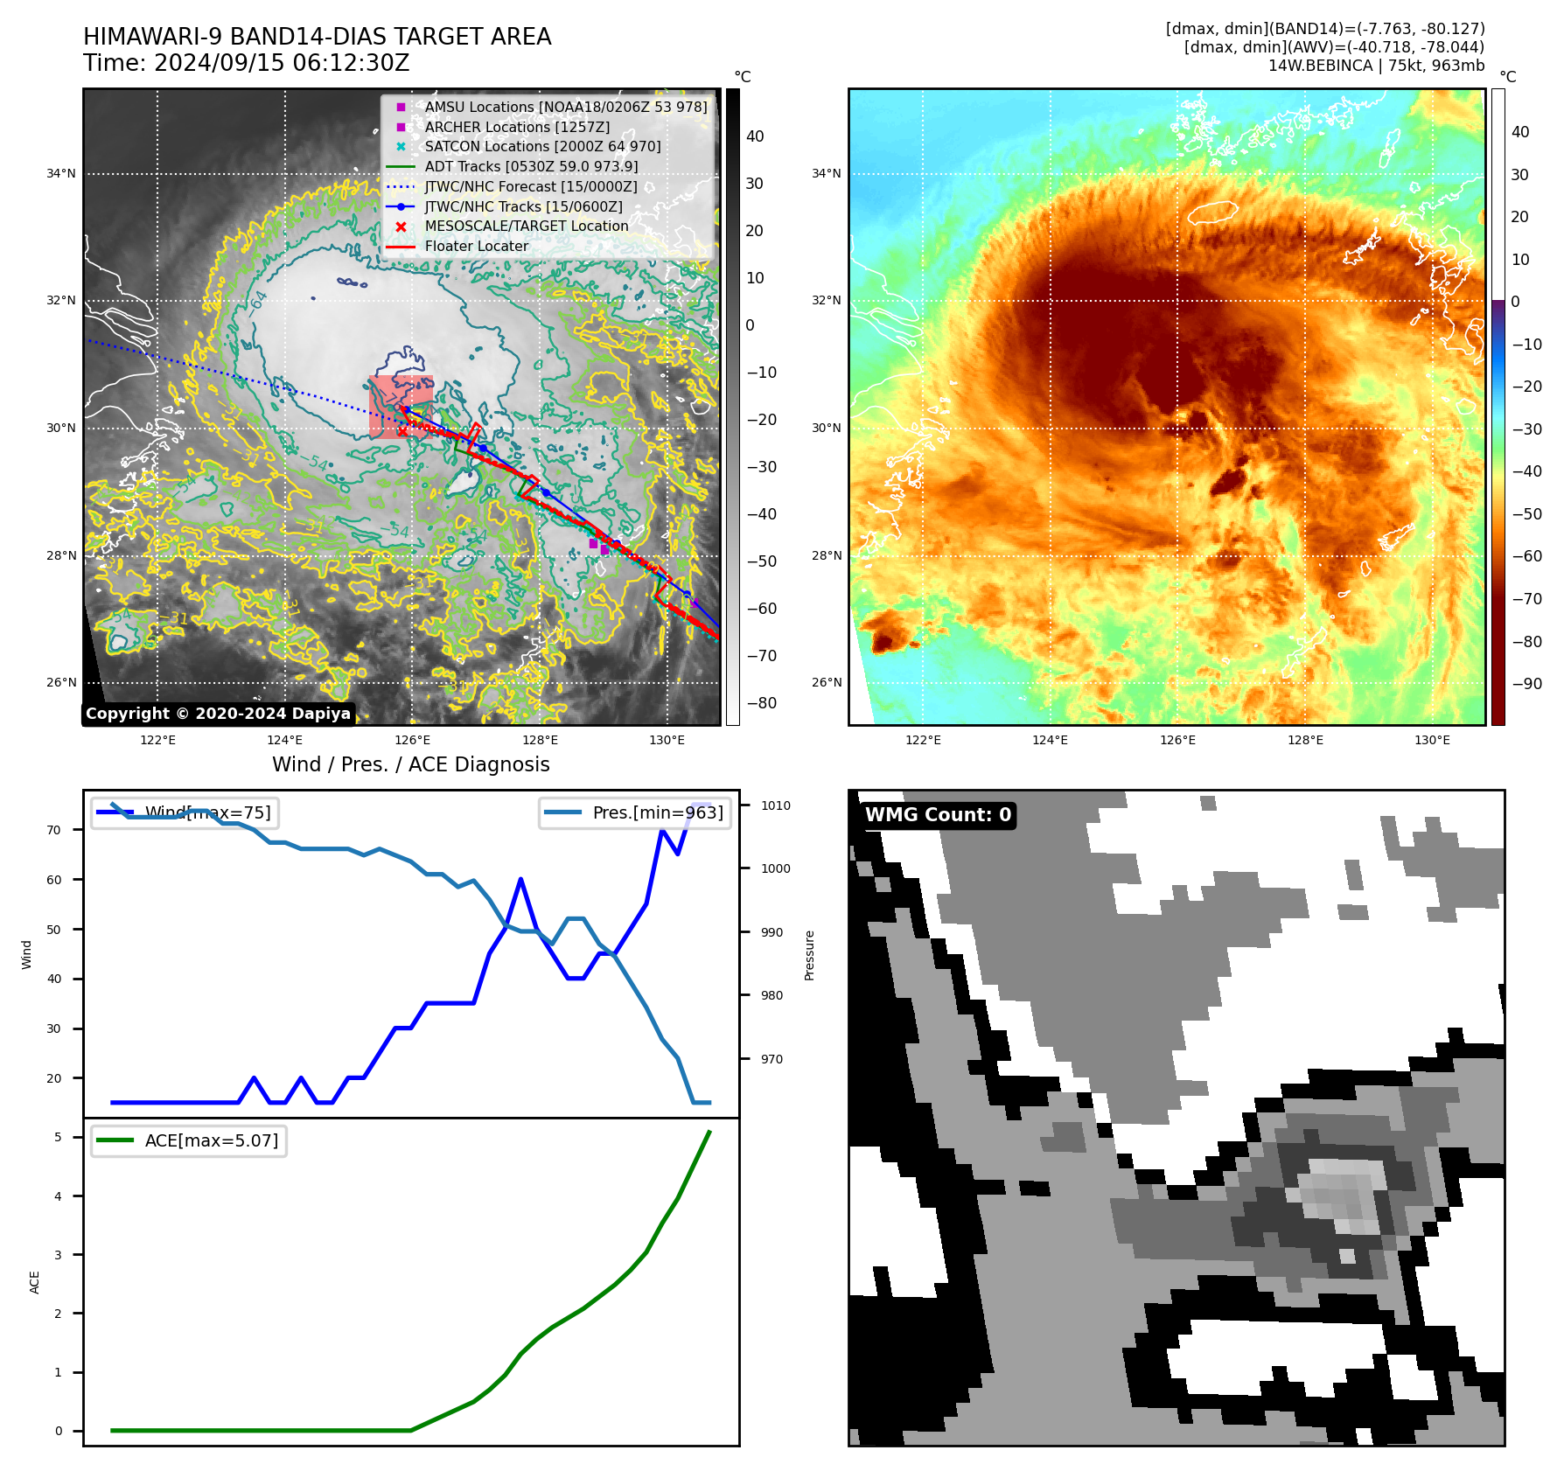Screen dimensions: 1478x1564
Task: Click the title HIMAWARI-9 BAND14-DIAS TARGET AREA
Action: pos(317,37)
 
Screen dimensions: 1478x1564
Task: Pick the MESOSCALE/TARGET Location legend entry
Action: pos(526,226)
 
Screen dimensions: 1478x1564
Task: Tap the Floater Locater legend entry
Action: pos(476,246)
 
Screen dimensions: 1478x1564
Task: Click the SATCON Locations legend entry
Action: pos(542,146)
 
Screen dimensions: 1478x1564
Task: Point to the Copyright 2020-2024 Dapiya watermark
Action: pos(218,714)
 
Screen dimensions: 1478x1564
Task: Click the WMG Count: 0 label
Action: pos(938,815)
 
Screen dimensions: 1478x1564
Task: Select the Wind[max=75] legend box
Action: pos(185,812)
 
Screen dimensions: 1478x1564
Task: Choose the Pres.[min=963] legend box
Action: pos(635,812)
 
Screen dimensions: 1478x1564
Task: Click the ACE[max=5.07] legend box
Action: pos(189,1140)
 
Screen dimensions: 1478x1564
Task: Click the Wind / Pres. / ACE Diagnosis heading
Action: pos(411,764)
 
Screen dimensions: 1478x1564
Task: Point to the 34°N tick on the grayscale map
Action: pos(61,173)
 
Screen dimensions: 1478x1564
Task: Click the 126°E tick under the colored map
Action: pos(1177,740)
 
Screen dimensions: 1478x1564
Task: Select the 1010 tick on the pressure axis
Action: pos(775,805)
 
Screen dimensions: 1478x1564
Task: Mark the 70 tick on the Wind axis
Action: pos(54,830)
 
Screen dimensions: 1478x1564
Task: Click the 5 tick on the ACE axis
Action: pos(58,1137)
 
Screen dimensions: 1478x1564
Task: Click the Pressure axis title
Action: pos(809,955)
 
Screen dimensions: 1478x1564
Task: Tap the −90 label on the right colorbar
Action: pos(1526,684)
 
